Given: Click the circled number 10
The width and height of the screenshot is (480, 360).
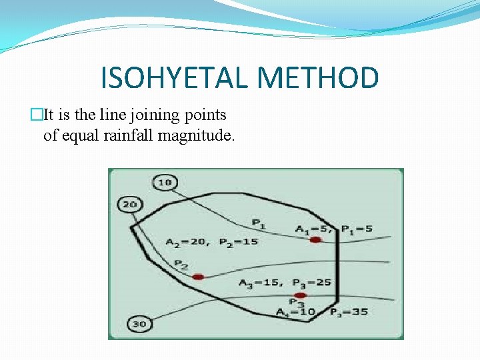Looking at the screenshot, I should pyautogui.click(x=165, y=182).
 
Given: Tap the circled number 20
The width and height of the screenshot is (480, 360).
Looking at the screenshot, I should pyautogui.click(x=129, y=205).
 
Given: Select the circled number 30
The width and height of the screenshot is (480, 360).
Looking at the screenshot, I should pyautogui.click(x=138, y=324).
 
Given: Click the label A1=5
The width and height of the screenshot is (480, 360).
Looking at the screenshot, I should pyautogui.click(x=312, y=230).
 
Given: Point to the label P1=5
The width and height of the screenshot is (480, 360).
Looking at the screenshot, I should pyautogui.click(x=357, y=229).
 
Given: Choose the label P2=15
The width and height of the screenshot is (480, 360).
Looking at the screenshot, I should pyautogui.click(x=238, y=242).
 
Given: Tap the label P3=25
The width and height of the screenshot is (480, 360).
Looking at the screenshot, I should pyautogui.click(x=311, y=283).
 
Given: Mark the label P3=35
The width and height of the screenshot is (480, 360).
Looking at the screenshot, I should pyautogui.click(x=349, y=312).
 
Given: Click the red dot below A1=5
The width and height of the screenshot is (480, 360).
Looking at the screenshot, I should pyautogui.click(x=315, y=239).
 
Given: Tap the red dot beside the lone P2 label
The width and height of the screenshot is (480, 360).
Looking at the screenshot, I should pyautogui.click(x=198, y=276).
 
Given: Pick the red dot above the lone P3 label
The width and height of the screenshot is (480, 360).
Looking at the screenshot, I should pyautogui.click(x=301, y=295).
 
